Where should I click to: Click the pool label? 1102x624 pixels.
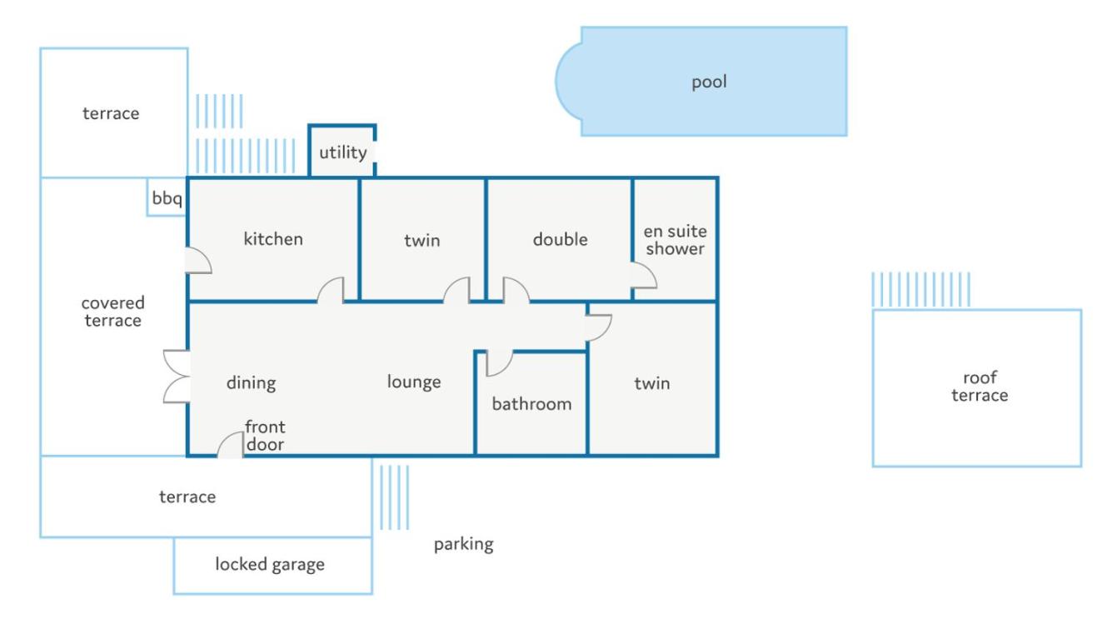[x=709, y=82]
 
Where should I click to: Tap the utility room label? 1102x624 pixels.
[x=343, y=152]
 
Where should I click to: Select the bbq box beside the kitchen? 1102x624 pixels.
[x=167, y=197]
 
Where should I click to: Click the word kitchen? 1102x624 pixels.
[x=273, y=239]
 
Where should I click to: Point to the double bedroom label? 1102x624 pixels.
[x=560, y=240]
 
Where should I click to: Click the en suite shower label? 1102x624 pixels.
[x=675, y=240]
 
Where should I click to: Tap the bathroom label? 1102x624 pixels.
[x=531, y=404]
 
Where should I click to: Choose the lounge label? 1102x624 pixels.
[x=414, y=382]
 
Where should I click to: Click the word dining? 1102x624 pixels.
[x=251, y=383]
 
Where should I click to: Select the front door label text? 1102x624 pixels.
[x=265, y=436]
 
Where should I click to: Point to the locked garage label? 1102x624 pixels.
[x=270, y=565]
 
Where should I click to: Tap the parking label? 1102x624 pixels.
[x=463, y=544]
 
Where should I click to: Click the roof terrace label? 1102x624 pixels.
[x=980, y=387]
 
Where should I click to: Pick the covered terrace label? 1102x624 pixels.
[x=112, y=312]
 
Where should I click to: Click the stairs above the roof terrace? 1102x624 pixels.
[x=921, y=290]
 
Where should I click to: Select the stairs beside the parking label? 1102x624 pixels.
[x=394, y=497]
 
